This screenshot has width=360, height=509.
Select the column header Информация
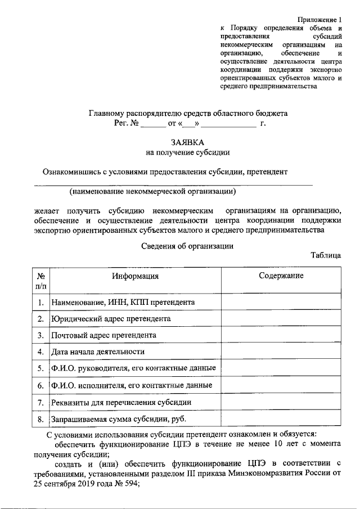click(135, 276)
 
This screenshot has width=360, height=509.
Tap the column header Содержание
click(281, 276)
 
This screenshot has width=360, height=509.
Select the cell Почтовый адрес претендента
click(103, 335)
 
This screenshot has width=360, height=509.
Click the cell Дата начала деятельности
click(98, 352)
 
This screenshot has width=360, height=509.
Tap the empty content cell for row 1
click(281, 302)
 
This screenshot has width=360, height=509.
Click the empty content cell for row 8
click(281, 420)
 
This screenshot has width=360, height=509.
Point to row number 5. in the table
click(40, 369)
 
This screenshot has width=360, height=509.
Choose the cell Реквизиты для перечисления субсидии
click(121, 403)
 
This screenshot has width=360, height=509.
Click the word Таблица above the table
click(326, 255)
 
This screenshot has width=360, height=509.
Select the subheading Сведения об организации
click(187, 245)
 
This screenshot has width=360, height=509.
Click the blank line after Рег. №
click(150, 123)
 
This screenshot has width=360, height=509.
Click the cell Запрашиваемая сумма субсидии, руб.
click(119, 420)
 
